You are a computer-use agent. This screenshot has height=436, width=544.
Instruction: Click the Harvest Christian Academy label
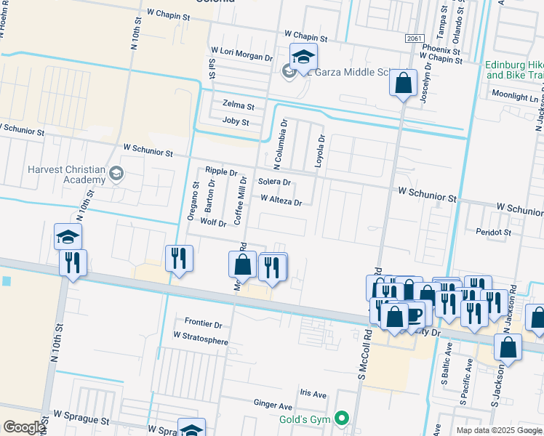pyautogui.click(x=65, y=174)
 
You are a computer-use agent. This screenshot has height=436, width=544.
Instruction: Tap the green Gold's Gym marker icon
pyautogui.click(x=340, y=419)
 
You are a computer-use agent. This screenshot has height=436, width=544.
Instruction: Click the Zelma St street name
pyautogui.click(x=239, y=105)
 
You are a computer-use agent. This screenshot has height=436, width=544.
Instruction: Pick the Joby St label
pyautogui.click(x=236, y=122)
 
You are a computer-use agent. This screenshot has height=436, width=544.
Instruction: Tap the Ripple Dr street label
pyautogui.click(x=221, y=171)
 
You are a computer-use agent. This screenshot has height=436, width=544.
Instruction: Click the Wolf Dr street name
pyautogui.click(x=213, y=223)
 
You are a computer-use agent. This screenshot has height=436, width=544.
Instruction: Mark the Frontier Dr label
pyautogui.click(x=203, y=322)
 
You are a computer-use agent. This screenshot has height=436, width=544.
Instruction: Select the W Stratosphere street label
pyautogui.click(x=201, y=341)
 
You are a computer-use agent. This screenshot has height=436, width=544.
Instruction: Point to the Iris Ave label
pyautogui.click(x=313, y=394)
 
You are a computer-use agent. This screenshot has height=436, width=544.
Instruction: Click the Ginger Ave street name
pyautogui.click(x=273, y=405)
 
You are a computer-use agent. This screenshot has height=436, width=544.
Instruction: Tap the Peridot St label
pyautogui.click(x=492, y=233)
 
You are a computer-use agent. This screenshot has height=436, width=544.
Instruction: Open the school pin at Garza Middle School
pyautogui.click(x=303, y=56)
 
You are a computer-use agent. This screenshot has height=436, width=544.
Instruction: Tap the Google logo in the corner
pyautogui.click(x=23, y=427)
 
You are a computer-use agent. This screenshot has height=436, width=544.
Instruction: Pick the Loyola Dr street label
pyautogui.click(x=319, y=151)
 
